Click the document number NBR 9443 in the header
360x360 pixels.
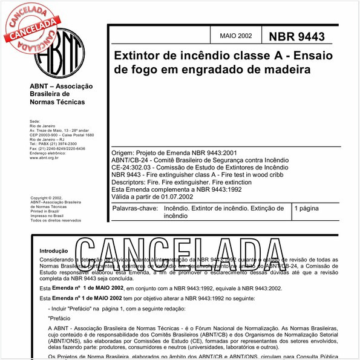pyautogui.click(x=296, y=38)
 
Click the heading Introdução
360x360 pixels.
pyautogui.click(x=54, y=250)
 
